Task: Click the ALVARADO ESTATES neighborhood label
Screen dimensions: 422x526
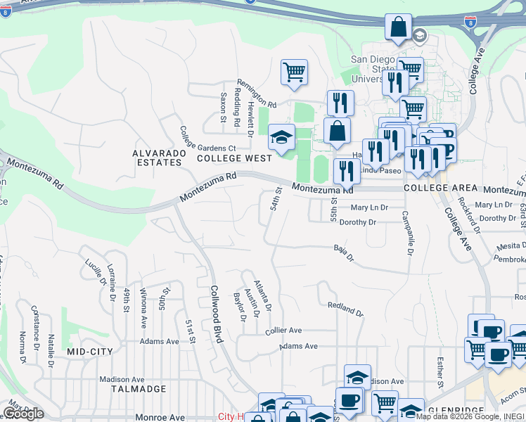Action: coord(158,157)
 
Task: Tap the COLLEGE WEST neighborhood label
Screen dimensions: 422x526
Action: coord(233,159)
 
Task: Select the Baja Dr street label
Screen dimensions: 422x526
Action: coord(343,251)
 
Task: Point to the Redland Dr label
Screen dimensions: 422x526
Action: coord(345,308)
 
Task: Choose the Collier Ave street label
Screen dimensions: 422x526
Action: coord(283,331)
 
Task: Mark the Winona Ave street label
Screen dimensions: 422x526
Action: coord(143,308)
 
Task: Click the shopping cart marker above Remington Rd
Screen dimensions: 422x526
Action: coord(294,72)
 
